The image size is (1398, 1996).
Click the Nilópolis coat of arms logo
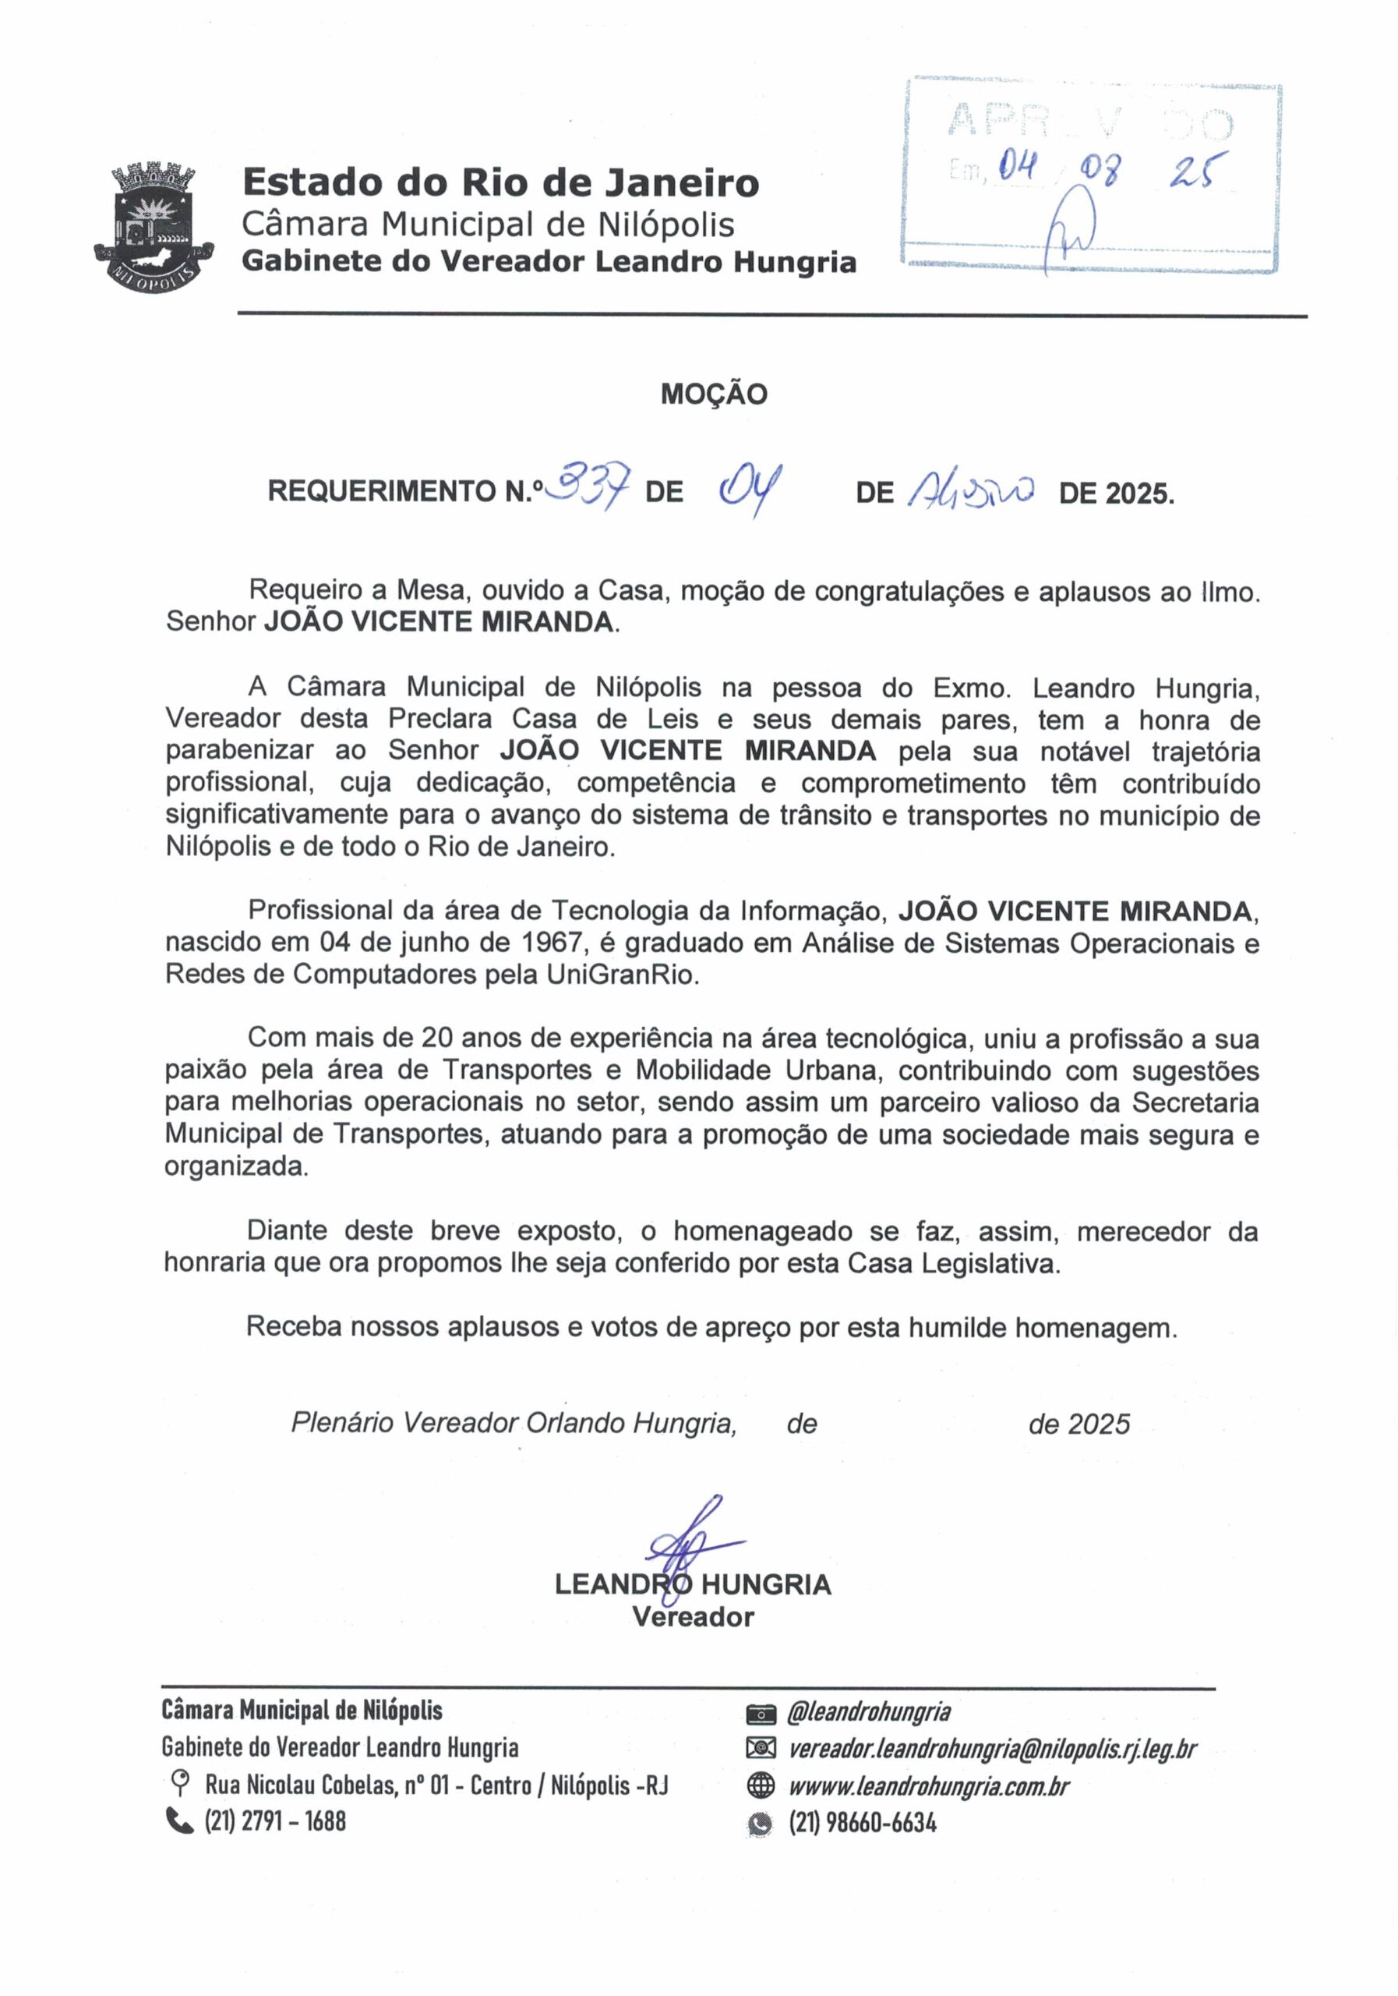154,225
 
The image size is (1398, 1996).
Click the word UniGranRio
622,975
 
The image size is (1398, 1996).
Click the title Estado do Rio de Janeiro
500,182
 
